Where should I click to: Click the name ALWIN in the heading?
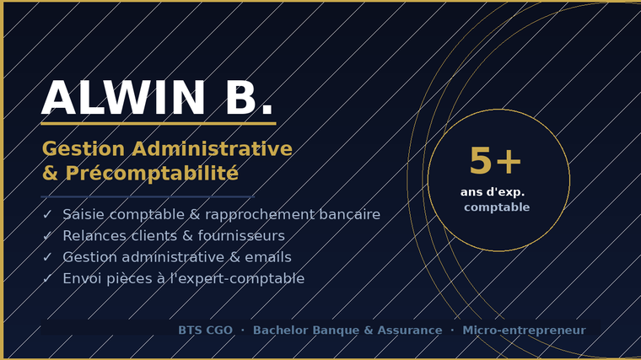coord(123,98)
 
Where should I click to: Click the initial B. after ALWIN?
coord(249,98)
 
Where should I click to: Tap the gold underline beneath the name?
coord(159,123)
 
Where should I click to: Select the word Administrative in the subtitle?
coord(212,148)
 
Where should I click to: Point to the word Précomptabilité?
coord(152,174)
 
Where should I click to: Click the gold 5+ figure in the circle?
coord(495,161)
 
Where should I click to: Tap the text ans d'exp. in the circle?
coord(493,192)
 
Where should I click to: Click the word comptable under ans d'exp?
coord(497,207)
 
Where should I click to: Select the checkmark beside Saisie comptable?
coord(47,214)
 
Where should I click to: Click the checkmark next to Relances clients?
coord(47,236)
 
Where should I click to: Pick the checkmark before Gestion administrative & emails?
coord(47,257)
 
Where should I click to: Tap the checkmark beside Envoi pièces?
coord(47,278)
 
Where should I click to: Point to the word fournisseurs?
coord(241,236)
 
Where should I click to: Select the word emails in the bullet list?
coord(268,257)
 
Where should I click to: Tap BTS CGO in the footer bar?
coord(205,330)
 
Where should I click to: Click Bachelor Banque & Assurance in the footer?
coord(347,330)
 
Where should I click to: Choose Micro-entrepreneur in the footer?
coord(524,330)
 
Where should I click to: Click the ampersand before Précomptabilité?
coord(50,174)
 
